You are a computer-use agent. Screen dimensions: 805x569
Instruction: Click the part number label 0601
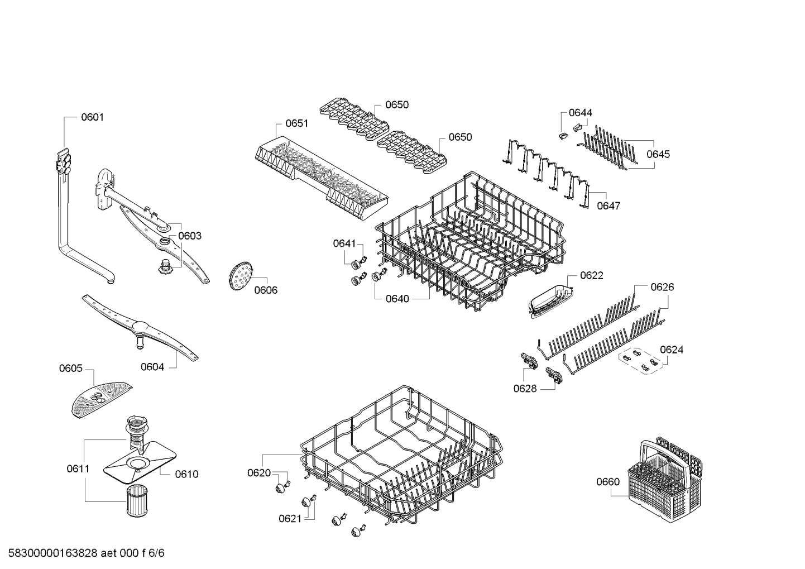coord(92,117)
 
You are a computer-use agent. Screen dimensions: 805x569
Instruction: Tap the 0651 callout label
coord(297,123)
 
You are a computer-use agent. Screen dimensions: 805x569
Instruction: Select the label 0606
coord(266,290)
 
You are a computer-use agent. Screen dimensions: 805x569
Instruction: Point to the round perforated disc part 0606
coord(241,276)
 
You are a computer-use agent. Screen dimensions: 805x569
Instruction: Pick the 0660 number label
coord(608,482)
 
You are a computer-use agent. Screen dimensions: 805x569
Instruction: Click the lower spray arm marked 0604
coord(140,328)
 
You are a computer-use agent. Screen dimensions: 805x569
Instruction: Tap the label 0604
coord(152,367)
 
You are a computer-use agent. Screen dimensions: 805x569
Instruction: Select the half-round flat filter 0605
coord(102,400)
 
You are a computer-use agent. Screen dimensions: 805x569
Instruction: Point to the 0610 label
coord(187,475)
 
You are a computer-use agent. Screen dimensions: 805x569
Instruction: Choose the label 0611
coord(78,468)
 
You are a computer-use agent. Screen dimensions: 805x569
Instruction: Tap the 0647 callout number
coord(609,206)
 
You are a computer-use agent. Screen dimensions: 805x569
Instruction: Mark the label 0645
coord(658,154)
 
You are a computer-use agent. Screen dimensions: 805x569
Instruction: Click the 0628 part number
coord(525,389)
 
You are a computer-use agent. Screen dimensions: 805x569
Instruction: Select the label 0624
coord(672,350)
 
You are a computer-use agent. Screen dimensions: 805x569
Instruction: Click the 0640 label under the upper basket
coord(397,299)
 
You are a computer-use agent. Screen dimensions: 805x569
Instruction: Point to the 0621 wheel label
coord(290,519)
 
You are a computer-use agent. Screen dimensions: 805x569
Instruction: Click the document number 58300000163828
coord(53,553)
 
